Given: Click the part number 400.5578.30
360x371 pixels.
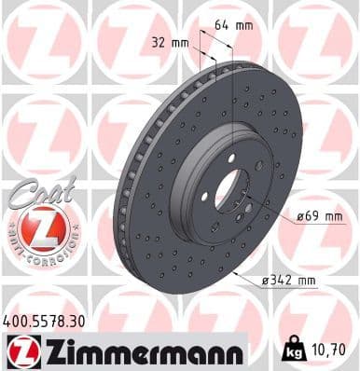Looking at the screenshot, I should (47, 320).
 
